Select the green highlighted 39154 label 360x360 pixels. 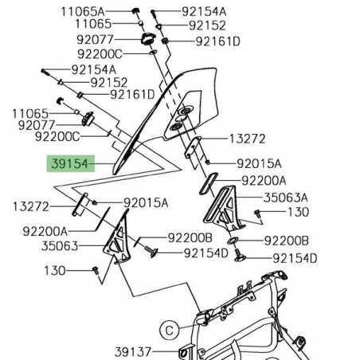point(69,166)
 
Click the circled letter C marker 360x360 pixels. point(168,327)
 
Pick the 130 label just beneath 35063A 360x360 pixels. point(297,213)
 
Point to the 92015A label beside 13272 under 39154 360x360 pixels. point(145,203)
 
